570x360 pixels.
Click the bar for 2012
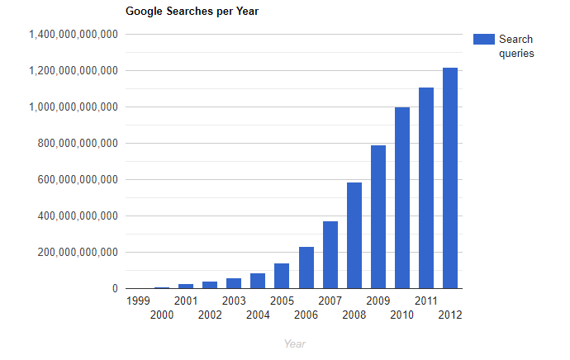450,178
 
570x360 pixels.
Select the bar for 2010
402,198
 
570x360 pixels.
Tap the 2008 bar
354,235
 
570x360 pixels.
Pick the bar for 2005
282,276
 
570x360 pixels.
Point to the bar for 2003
234,283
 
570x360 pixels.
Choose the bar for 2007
330,255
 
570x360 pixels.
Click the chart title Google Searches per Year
192,12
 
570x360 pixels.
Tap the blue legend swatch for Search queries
484,40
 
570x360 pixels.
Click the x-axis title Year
295,343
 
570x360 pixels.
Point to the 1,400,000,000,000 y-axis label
74,35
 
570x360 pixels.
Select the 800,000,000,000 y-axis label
78,144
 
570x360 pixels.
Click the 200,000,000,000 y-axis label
78,252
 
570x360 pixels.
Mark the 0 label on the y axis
115,288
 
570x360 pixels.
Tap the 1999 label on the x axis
138,301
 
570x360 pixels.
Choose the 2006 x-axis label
306,315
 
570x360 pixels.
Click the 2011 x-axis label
426,301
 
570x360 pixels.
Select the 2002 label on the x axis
210,315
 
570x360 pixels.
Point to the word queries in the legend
516,54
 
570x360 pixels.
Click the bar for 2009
378,217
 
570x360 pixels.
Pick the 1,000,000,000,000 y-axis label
74,107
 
